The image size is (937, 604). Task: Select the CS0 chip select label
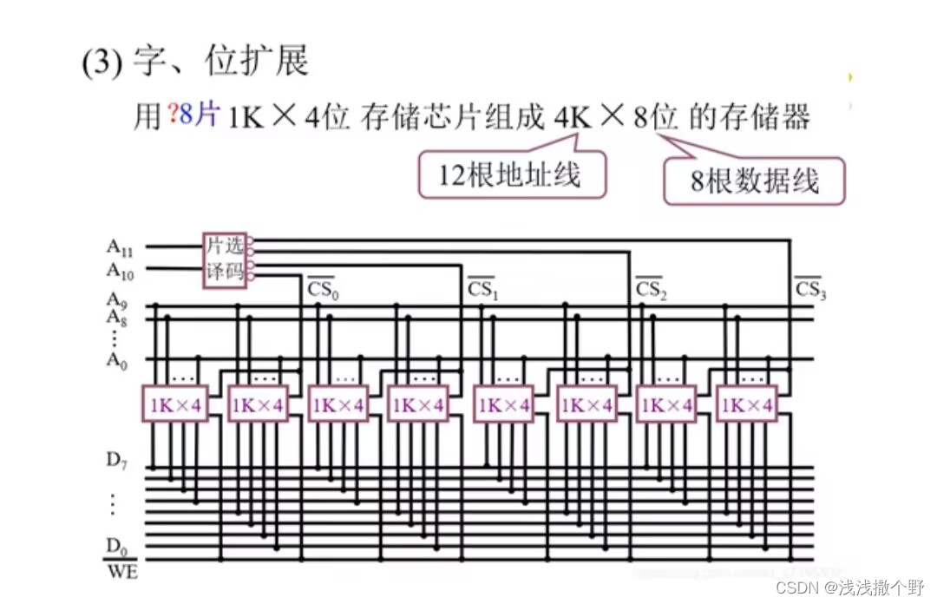pos(324,288)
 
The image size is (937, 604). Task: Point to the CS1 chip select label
pos(483,289)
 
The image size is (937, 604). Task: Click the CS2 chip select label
pos(650,289)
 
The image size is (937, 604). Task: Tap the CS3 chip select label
pos(810,289)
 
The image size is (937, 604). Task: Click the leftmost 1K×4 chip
pos(175,405)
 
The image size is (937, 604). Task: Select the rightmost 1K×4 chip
pos(747,405)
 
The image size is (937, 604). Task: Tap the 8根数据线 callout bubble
pos(754,181)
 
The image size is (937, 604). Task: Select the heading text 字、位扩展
pos(220,62)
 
